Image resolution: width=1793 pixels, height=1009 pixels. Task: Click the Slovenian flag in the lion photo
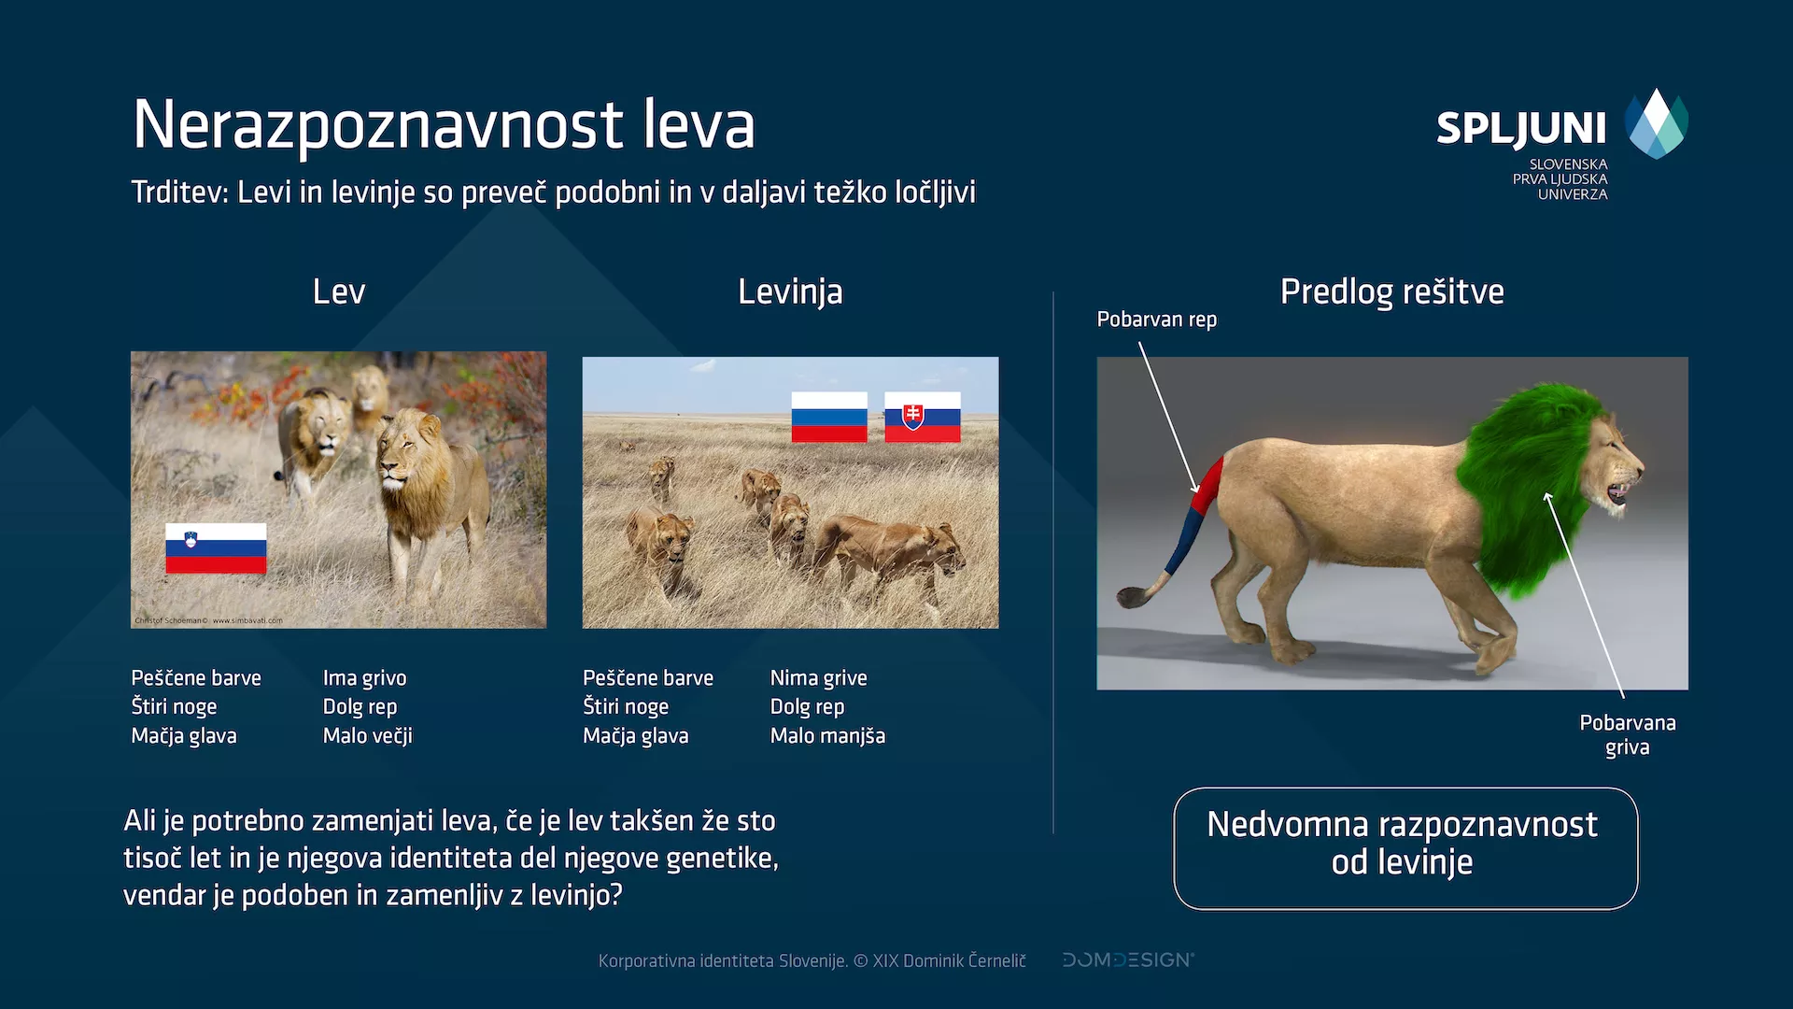[216, 547]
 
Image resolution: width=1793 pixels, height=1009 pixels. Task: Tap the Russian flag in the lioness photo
[828, 417]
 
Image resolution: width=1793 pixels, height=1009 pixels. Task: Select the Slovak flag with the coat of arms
[922, 417]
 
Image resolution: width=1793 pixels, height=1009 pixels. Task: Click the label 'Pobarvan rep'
[1156, 320]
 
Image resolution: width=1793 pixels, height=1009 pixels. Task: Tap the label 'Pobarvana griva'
[1627, 734]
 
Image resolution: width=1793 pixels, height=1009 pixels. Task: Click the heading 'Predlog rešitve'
[1391, 291]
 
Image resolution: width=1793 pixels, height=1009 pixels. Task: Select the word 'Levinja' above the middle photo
[790, 291]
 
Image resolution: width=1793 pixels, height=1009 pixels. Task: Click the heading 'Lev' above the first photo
[338, 291]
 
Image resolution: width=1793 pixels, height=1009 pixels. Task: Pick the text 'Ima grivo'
[364, 678]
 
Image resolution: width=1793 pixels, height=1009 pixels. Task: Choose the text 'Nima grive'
[818, 678]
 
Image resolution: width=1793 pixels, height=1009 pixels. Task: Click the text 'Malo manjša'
[827, 736]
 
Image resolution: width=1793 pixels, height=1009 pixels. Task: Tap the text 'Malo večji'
[367, 736]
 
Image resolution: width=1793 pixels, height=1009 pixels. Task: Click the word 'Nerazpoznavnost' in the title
[377, 125]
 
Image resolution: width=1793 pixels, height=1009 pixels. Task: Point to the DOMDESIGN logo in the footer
[1127, 959]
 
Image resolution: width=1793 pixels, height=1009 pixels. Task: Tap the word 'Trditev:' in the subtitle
[179, 192]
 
